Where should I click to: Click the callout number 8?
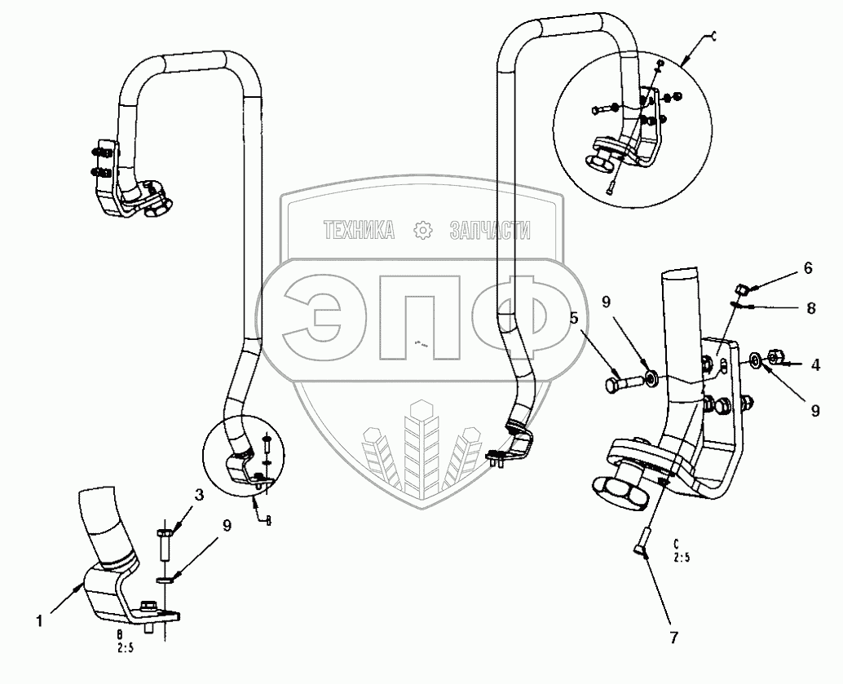coord(810,309)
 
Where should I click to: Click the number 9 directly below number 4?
coord(814,412)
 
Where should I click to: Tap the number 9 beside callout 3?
coord(226,526)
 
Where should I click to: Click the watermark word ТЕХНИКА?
coord(359,231)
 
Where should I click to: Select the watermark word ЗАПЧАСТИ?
coord(490,231)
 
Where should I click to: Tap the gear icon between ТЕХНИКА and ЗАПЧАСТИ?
coord(422,231)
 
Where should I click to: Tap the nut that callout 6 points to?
coord(741,289)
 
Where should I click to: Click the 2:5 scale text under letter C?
coord(681,559)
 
